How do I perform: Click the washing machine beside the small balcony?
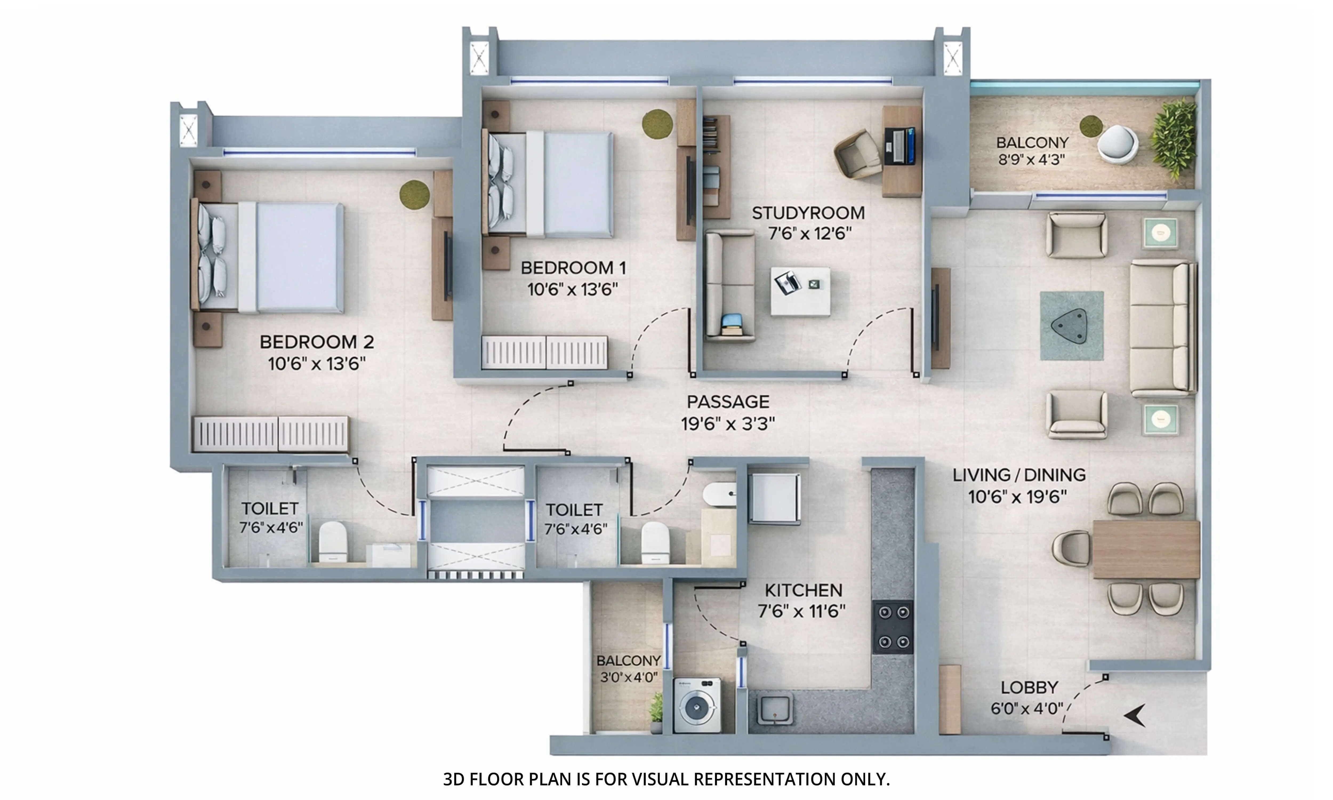[x=697, y=705]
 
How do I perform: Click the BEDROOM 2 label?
[x=317, y=342]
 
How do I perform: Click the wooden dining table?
[x=1146, y=549]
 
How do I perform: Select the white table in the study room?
[x=800, y=291]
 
